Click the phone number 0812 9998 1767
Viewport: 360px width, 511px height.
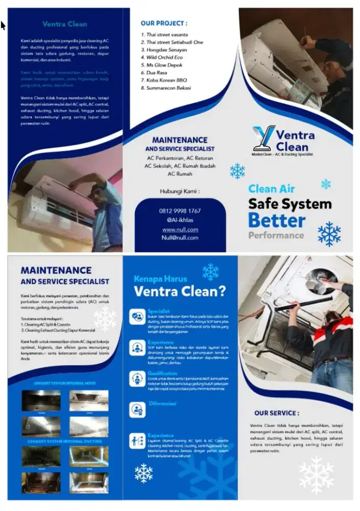pos(180,211)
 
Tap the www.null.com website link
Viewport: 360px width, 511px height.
pos(180,229)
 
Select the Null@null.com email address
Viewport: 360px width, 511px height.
pos(180,238)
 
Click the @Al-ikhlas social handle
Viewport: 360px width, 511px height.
pos(180,220)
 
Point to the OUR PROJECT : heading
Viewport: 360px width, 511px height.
pos(164,24)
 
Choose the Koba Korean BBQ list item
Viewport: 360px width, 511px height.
pos(166,80)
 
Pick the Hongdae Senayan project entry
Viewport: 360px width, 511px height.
pos(166,50)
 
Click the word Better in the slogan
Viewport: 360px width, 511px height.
pos(277,220)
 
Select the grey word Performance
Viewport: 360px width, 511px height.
pos(276,236)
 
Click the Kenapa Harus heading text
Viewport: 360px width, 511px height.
pos(160,279)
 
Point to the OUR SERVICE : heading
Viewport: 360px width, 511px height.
pos(277,413)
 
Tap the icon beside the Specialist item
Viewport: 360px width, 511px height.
pos(137,317)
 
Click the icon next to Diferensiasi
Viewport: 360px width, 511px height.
pos(137,409)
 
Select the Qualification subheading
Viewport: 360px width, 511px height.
pos(162,373)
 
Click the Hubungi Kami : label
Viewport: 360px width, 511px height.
pos(180,192)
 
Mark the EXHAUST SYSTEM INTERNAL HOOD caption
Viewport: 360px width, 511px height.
pos(64,383)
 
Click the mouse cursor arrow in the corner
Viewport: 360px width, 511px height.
pos(3,25)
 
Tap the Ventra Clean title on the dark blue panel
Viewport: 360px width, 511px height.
pos(65,24)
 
